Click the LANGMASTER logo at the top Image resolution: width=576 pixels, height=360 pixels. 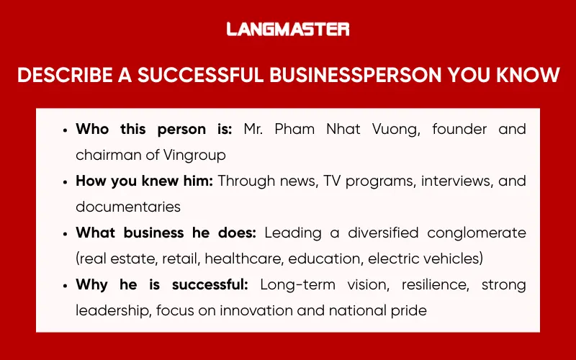pos(288,30)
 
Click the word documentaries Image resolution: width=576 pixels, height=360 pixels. pos(128,207)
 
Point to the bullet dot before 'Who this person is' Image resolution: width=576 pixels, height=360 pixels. pos(66,130)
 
